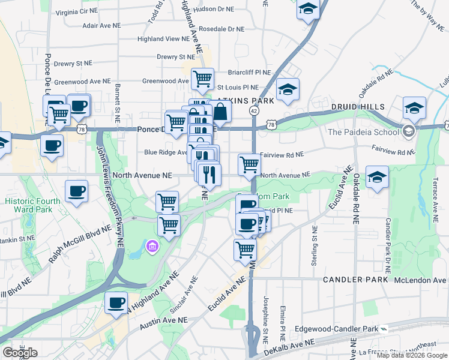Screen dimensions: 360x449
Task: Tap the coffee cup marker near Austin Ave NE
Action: click(116, 302)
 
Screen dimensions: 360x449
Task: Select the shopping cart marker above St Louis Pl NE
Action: click(202, 78)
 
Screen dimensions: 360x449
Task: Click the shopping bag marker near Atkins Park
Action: click(220, 112)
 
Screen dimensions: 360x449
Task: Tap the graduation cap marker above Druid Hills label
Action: click(414, 108)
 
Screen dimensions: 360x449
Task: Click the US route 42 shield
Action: click(255, 111)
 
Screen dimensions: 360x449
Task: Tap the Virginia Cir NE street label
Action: click(76, 11)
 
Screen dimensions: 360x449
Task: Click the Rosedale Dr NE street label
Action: click(221, 29)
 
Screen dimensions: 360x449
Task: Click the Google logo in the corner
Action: click(19, 353)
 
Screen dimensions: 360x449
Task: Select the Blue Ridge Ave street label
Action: click(166, 152)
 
